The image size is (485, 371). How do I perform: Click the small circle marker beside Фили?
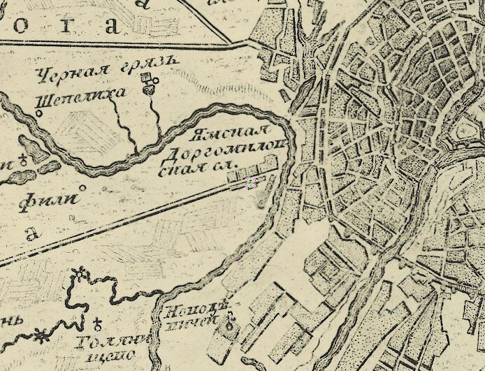tap(82, 188)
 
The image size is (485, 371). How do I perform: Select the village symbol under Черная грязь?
tap(148, 85)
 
